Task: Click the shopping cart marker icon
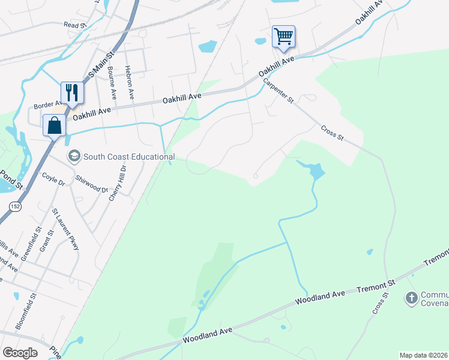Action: click(283, 35)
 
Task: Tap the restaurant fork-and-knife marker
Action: click(72, 92)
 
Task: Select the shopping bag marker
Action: click(54, 126)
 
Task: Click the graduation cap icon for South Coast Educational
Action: click(74, 157)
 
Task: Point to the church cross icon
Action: click(412, 298)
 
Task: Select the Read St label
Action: click(75, 25)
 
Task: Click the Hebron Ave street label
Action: click(129, 82)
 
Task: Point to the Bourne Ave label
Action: click(112, 83)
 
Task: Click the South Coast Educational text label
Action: click(129, 157)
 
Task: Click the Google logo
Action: click(20, 353)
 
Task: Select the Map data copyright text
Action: click(423, 355)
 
